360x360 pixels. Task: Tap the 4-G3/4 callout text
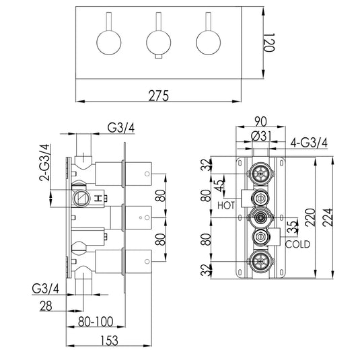pyautogui.click(x=310, y=142)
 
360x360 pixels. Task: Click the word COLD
pyautogui.click(x=297, y=244)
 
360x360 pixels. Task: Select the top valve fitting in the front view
pyautogui.click(x=258, y=174)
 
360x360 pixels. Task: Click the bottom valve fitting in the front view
pyautogui.click(x=258, y=260)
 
